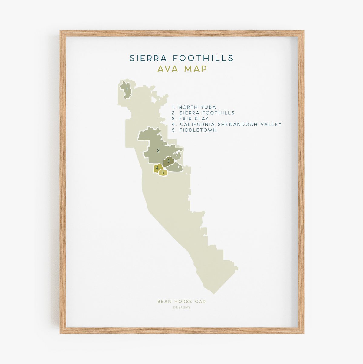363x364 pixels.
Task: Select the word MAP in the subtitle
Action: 196,69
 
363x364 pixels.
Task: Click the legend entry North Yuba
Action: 194,107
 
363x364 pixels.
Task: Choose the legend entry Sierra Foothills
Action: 203,113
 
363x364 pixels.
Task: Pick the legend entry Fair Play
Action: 190,119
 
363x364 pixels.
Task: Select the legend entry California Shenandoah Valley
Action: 227,124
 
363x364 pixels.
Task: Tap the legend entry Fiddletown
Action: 194,130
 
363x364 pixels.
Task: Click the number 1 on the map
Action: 127,89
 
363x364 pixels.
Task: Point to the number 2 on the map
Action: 158,150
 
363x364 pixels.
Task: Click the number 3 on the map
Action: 168,161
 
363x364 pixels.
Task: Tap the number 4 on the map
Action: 157,168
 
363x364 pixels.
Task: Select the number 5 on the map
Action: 163,173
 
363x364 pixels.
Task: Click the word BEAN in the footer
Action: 164,302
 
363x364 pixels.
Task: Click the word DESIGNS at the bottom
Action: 182,308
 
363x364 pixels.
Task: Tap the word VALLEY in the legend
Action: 271,124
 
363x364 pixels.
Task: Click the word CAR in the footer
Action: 201,302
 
